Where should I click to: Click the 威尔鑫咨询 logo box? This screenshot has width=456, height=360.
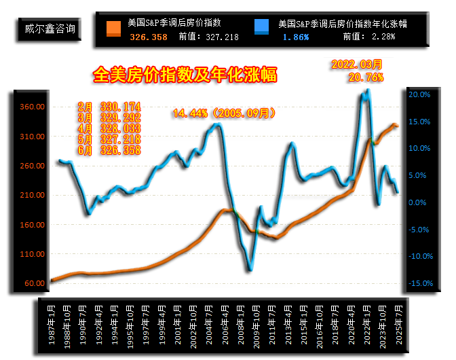(46, 29)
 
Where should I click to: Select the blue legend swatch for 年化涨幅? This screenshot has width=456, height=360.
(261, 29)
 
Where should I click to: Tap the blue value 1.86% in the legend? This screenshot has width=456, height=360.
(296, 36)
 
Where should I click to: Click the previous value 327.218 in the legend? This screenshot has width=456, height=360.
(221, 36)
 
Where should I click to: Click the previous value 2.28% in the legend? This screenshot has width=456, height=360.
(381, 36)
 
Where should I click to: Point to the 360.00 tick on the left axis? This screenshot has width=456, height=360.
(32, 107)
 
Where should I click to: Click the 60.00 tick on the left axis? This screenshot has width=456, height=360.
(34, 283)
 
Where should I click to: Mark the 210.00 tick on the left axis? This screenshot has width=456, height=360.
(32, 195)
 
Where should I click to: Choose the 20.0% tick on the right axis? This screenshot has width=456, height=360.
(420, 94)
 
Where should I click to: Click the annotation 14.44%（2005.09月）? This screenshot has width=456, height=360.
(224, 113)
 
